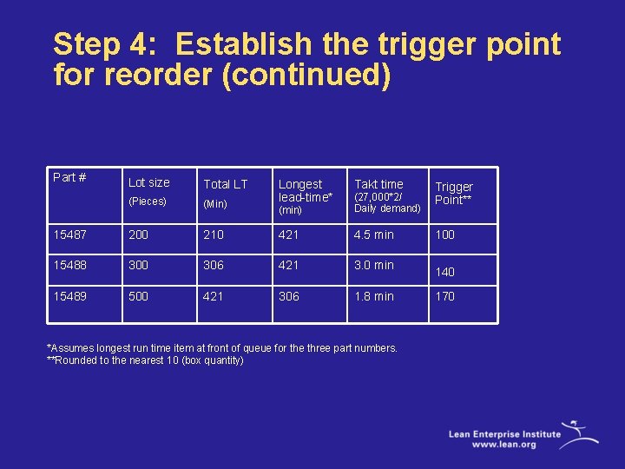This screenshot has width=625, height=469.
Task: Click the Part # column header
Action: pos(69,177)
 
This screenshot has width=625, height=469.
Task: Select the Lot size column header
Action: pos(149,182)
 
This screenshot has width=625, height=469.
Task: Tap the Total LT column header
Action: pos(225,184)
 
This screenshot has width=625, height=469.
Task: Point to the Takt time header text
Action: pos(378,184)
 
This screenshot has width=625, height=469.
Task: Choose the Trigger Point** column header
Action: pos(454,193)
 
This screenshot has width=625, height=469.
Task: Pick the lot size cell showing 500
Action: pos(139,296)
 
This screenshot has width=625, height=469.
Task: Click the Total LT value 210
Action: pos(214,234)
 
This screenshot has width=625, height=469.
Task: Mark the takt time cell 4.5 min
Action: pos(374,234)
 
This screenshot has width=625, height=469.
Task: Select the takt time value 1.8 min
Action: pos(374,296)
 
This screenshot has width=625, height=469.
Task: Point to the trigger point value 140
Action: pos(445,272)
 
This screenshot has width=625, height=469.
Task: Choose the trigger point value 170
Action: pos(445,296)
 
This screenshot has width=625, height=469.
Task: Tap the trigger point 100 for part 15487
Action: pos(445,234)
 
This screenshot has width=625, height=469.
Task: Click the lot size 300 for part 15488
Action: pos(139,265)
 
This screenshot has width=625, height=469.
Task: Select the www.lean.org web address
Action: pos(504,444)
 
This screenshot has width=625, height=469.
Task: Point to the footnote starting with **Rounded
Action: pos(145,360)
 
